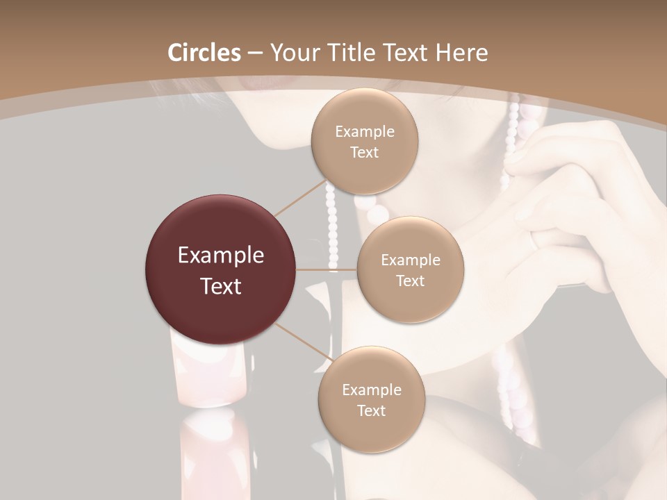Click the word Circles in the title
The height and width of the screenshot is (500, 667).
point(204,53)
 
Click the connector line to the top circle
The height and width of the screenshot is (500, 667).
point(300,199)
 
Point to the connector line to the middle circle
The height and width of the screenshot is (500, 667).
point(327,269)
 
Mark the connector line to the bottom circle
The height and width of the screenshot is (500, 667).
point(300,341)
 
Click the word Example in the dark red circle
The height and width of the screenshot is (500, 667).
point(221,256)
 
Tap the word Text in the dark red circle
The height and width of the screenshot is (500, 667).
point(221,286)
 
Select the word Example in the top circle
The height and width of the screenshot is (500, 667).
point(365,132)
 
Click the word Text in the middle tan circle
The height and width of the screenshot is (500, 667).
point(410,281)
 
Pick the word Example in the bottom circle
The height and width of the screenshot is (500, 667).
point(372,390)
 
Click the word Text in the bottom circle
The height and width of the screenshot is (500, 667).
point(371,411)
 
